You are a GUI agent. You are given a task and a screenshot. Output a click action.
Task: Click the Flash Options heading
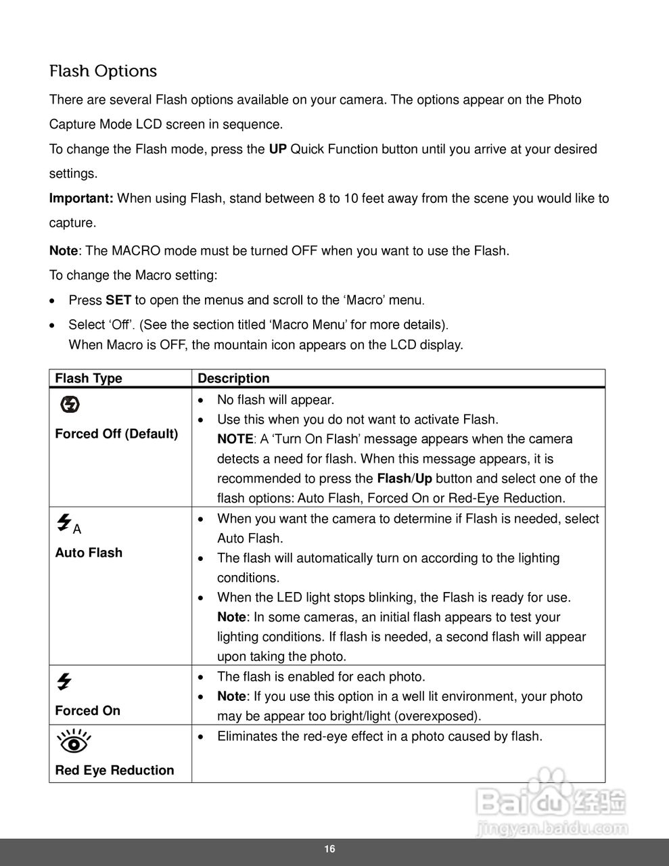click(x=103, y=71)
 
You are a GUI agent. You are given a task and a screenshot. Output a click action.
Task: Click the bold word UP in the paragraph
click(x=277, y=149)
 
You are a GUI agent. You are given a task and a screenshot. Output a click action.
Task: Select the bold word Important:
click(x=81, y=198)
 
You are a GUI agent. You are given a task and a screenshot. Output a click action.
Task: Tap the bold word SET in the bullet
click(x=118, y=300)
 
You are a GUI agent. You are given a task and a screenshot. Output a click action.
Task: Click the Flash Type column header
click(x=89, y=378)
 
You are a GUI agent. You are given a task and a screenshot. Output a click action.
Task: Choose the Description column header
click(x=233, y=378)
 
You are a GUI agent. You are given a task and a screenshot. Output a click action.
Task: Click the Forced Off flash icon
click(x=70, y=405)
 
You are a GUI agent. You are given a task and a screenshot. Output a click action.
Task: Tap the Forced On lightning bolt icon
click(x=64, y=681)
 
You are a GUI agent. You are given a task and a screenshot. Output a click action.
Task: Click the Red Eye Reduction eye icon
click(x=74, y=742)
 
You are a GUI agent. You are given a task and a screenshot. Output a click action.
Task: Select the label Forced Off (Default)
click(x=116, y=434)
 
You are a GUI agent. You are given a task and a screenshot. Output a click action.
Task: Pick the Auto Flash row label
click(x=89, y=553)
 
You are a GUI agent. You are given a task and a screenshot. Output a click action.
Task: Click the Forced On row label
click(x=87, y=710)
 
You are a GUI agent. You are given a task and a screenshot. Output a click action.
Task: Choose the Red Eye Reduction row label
click(x=114, y=770)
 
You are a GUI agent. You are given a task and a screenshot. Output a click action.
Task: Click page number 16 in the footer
click(x=329, y=850)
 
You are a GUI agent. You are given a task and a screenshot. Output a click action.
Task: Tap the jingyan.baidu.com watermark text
click(x=552, y=827)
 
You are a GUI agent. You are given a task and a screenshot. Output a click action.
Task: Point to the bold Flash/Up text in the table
click(x=404, y=478)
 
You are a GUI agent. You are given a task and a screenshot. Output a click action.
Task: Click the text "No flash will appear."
click(x=275, y=400)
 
